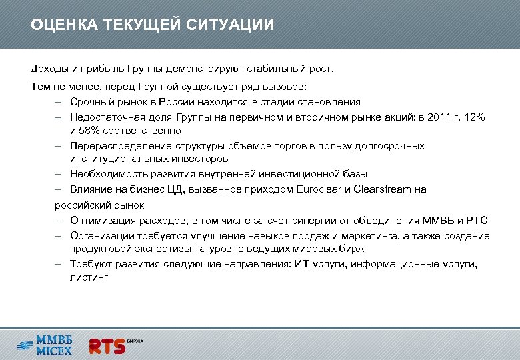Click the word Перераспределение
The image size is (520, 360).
pos(117,146)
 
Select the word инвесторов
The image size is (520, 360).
pos(199,160)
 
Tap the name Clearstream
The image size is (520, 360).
pos(383,189)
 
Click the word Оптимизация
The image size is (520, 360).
pos(101,220)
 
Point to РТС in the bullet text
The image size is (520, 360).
pos(479,220)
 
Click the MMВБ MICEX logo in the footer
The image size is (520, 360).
pos(45,345)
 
